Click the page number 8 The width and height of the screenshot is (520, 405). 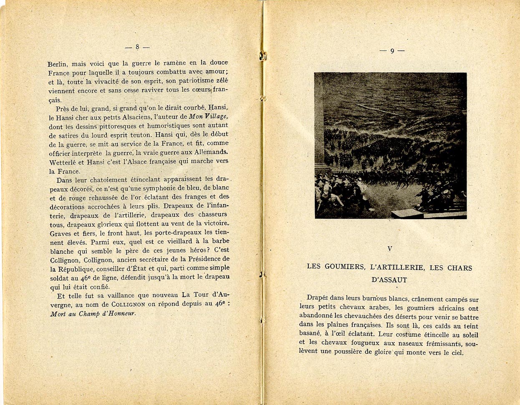137,47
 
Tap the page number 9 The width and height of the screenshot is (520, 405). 392,51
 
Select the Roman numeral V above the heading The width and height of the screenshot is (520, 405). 390,249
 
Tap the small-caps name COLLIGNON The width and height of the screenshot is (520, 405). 127,304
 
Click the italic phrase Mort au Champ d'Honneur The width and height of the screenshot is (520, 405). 93,314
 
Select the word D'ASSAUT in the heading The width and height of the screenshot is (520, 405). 389,280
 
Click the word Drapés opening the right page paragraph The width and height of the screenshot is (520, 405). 318,297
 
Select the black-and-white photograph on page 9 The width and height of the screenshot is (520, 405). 390,145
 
